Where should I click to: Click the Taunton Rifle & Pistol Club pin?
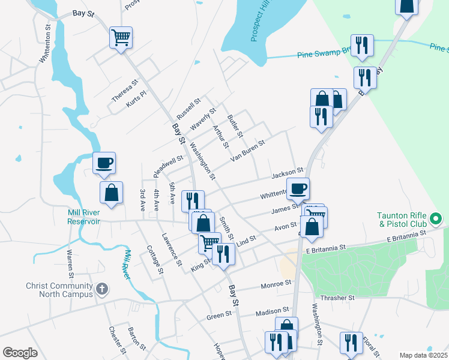[437, 217]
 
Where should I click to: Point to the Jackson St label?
[288, 174]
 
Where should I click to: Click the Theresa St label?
[125, 90]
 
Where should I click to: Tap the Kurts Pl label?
[136, 100]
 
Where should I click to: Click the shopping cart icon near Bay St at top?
[121, 38]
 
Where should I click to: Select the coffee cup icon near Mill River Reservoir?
[104, 163]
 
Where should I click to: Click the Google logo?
[20, 353]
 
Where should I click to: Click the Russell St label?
[188, 109]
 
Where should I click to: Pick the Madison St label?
[268, 312]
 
